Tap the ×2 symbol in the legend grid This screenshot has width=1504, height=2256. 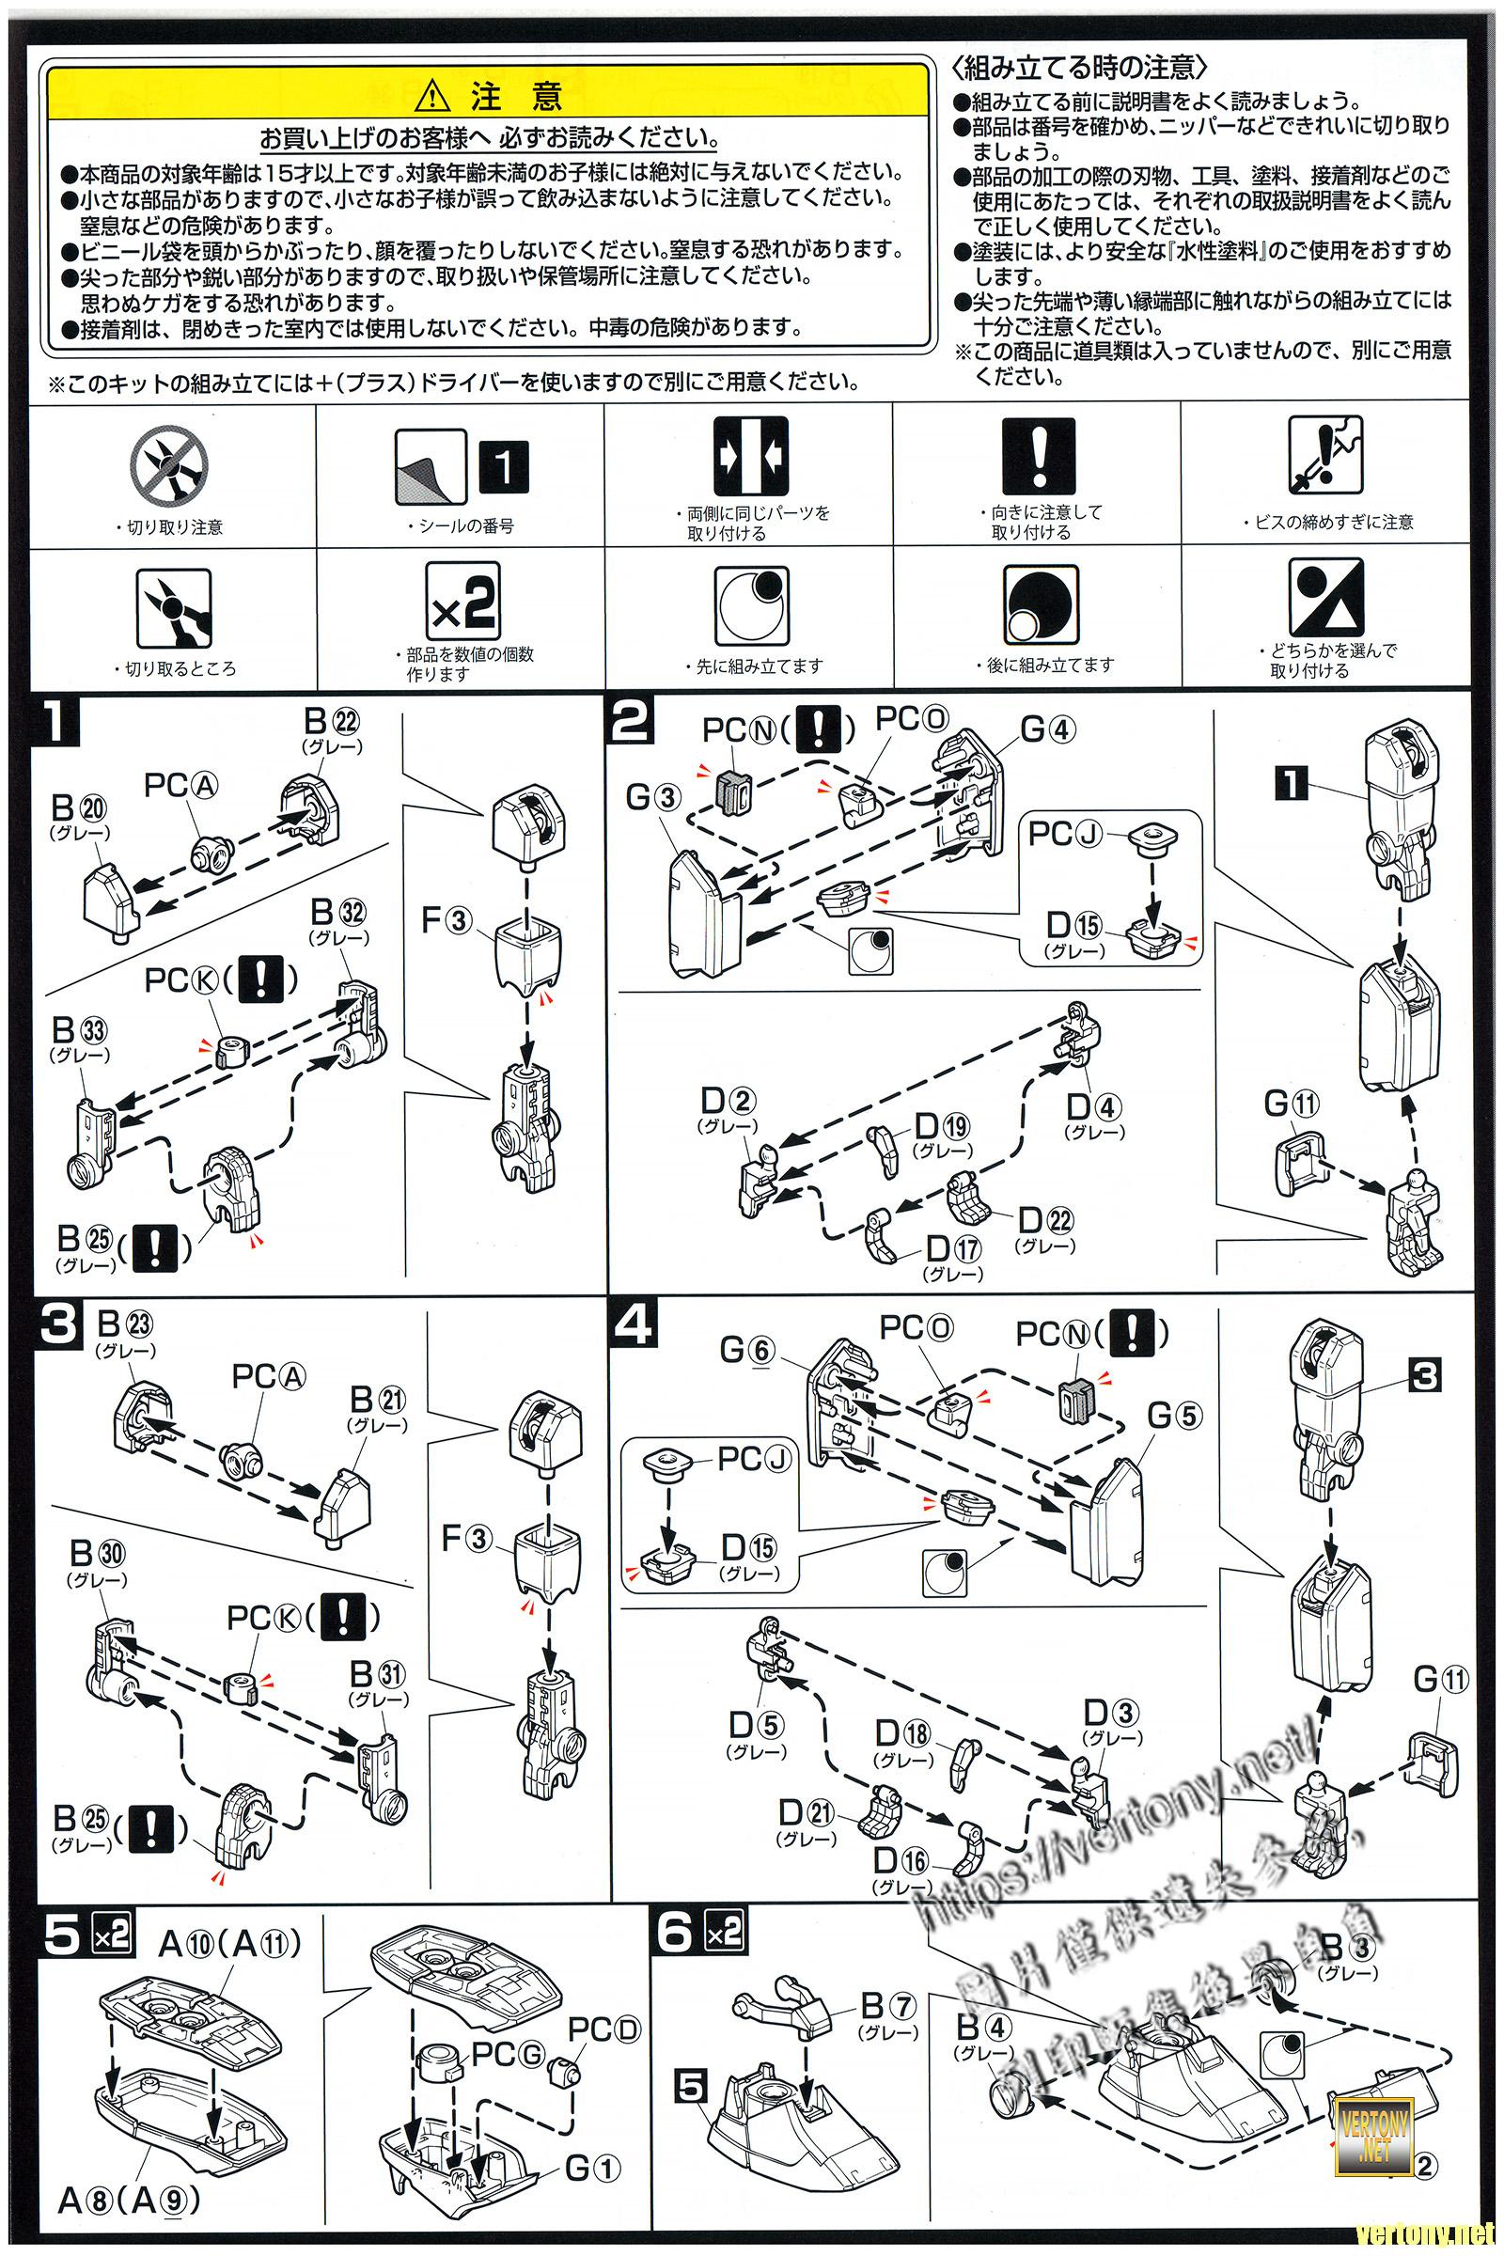[462, 603]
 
